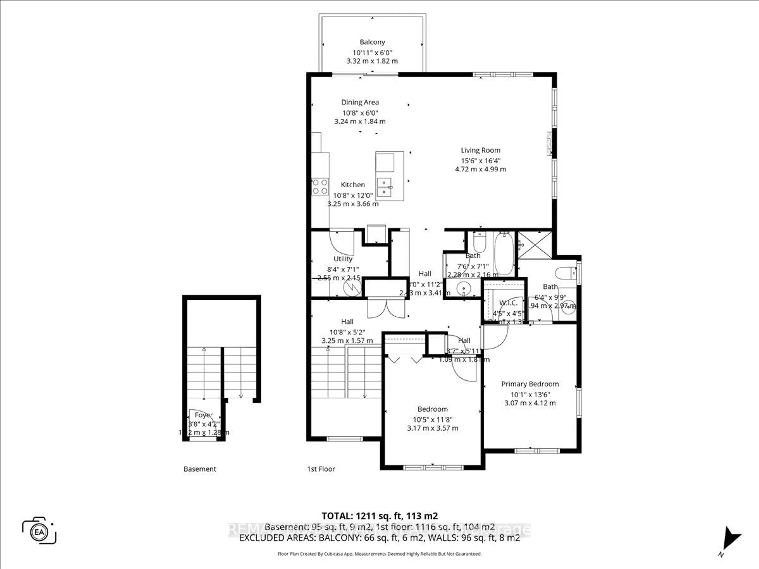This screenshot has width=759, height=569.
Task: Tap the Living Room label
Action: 480,150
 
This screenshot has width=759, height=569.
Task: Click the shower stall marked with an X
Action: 535,245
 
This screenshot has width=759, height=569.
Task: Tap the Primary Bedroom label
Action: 530,384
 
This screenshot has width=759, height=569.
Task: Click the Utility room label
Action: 343,259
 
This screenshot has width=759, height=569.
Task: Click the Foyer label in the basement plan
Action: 204,415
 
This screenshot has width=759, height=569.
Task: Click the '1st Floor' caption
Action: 321,469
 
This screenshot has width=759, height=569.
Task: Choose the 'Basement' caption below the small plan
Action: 200,469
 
